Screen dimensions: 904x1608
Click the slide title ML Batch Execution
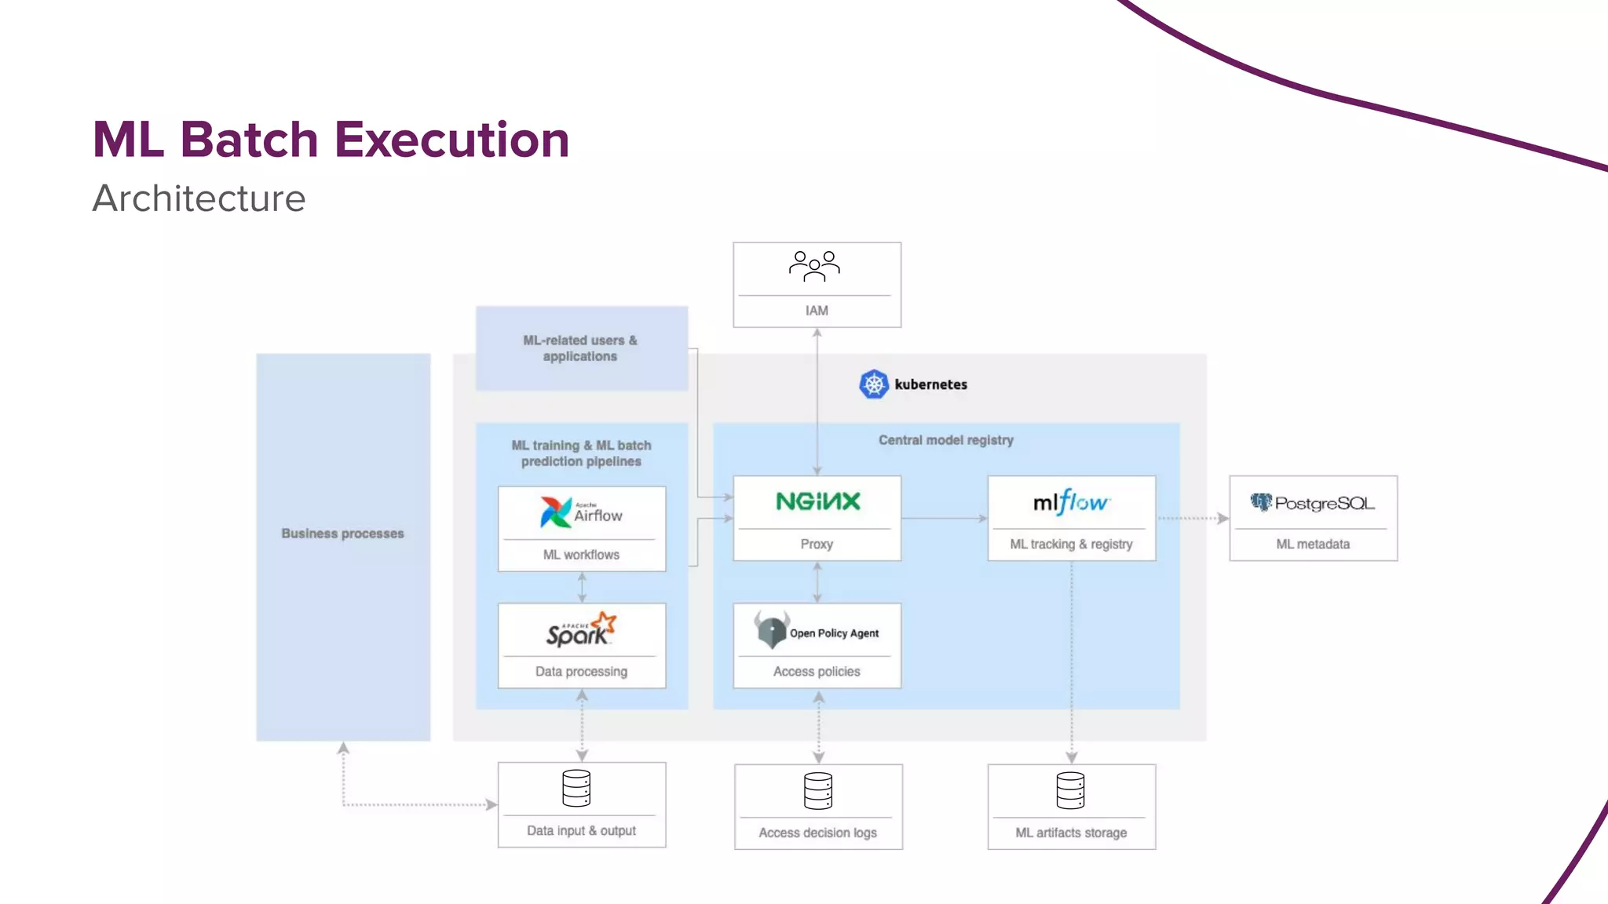tap(331, 140)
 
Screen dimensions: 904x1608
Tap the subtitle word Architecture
tap(199, 199)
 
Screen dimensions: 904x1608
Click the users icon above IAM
tap(814, 267)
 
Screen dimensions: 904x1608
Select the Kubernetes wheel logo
tap(873, 385)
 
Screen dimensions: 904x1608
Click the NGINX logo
tap(817, 501)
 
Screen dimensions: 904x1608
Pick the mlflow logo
tap(1071, 502)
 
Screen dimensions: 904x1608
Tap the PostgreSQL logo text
tap(1324, 503)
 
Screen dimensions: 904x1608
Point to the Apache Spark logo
tap(581, 630)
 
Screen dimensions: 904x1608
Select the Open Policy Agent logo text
tap(834, 633)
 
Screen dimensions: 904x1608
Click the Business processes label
tap(342, 534)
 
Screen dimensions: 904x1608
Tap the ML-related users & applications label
tap(580, 348)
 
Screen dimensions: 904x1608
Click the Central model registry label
tap(945, 440)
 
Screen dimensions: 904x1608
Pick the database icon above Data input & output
tap(576, 788)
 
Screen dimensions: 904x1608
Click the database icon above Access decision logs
tap(817, 790)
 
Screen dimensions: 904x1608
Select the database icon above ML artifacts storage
tap(1070, 790)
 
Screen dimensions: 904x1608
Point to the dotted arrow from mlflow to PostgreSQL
tap(1192, 518)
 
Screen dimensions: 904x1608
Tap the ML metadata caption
tap(1313, 544)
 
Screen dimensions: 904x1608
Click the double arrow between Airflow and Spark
tap(582, 587)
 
